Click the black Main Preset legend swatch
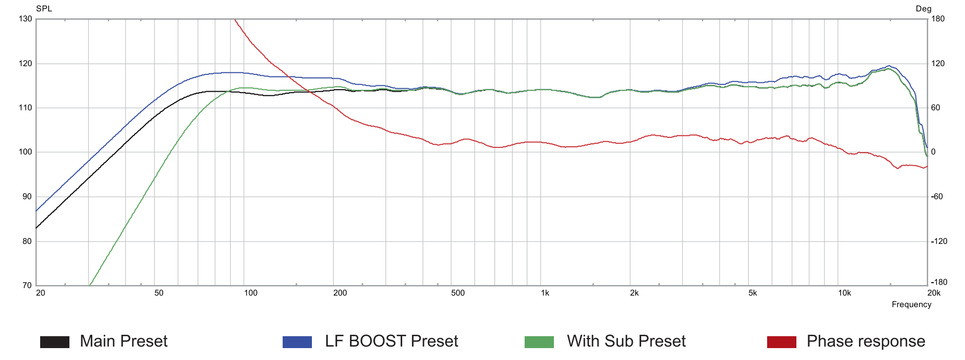55,342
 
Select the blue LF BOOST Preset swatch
297,342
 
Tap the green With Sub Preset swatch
539,342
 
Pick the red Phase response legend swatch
782,342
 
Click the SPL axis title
44,8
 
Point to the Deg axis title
923,8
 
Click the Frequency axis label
911,304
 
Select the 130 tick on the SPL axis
25,19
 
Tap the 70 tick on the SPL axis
27,286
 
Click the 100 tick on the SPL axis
25,152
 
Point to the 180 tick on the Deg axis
938,19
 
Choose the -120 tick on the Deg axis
939,241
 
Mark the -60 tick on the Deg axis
937,197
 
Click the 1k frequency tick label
545,293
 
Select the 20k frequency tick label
934,293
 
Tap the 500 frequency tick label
458,293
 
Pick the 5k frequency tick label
753,293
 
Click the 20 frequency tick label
41,293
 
